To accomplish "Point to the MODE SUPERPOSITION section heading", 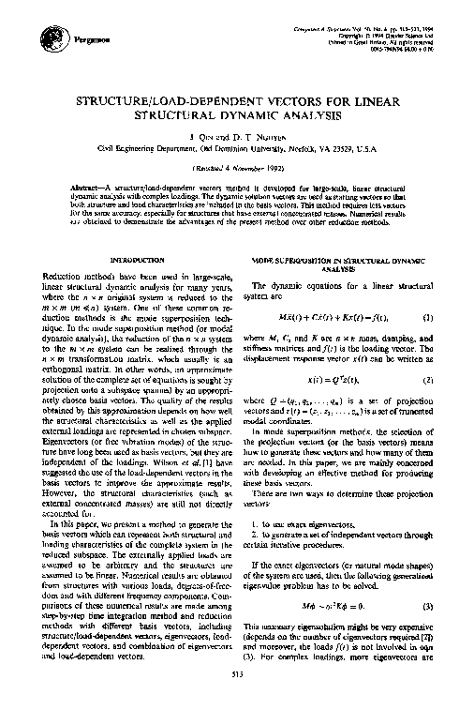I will pos(338,261).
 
